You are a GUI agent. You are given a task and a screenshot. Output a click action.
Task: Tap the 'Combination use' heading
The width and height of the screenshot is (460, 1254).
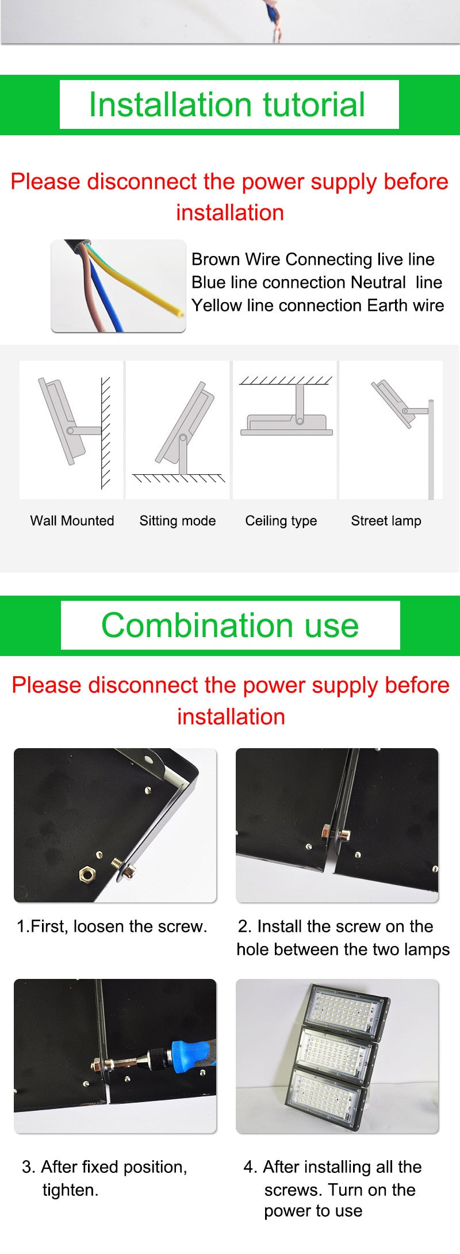(230, 625)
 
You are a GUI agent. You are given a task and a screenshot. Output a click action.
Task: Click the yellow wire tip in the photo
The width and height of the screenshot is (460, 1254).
(180, 312)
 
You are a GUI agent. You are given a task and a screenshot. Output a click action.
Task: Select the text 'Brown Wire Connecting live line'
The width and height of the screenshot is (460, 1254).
(313, 260)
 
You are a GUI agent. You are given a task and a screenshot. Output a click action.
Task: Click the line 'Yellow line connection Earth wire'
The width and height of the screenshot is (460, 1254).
(317, 306)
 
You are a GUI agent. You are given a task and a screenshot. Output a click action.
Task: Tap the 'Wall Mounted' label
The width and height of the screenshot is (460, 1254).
(72, 521)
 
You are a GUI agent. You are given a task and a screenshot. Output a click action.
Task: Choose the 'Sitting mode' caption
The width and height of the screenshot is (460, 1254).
(178, 521)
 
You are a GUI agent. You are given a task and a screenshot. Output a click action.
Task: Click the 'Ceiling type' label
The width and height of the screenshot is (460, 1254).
(281, 521)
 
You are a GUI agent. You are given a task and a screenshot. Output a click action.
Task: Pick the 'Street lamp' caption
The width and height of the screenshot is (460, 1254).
(386, 521)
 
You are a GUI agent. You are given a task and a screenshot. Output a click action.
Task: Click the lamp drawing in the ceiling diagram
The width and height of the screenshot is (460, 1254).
(286, 424)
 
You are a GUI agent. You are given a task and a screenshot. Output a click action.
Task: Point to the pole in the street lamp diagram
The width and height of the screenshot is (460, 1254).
(431, 455)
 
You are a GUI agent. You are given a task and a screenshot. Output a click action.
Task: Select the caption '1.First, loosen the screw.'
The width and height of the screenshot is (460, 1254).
(112, 927)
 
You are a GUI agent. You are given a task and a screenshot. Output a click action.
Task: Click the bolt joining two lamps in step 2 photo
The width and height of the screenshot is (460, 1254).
(336, 833)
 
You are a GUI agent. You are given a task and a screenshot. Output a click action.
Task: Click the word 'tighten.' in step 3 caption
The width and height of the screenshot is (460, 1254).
(71, 1190)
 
